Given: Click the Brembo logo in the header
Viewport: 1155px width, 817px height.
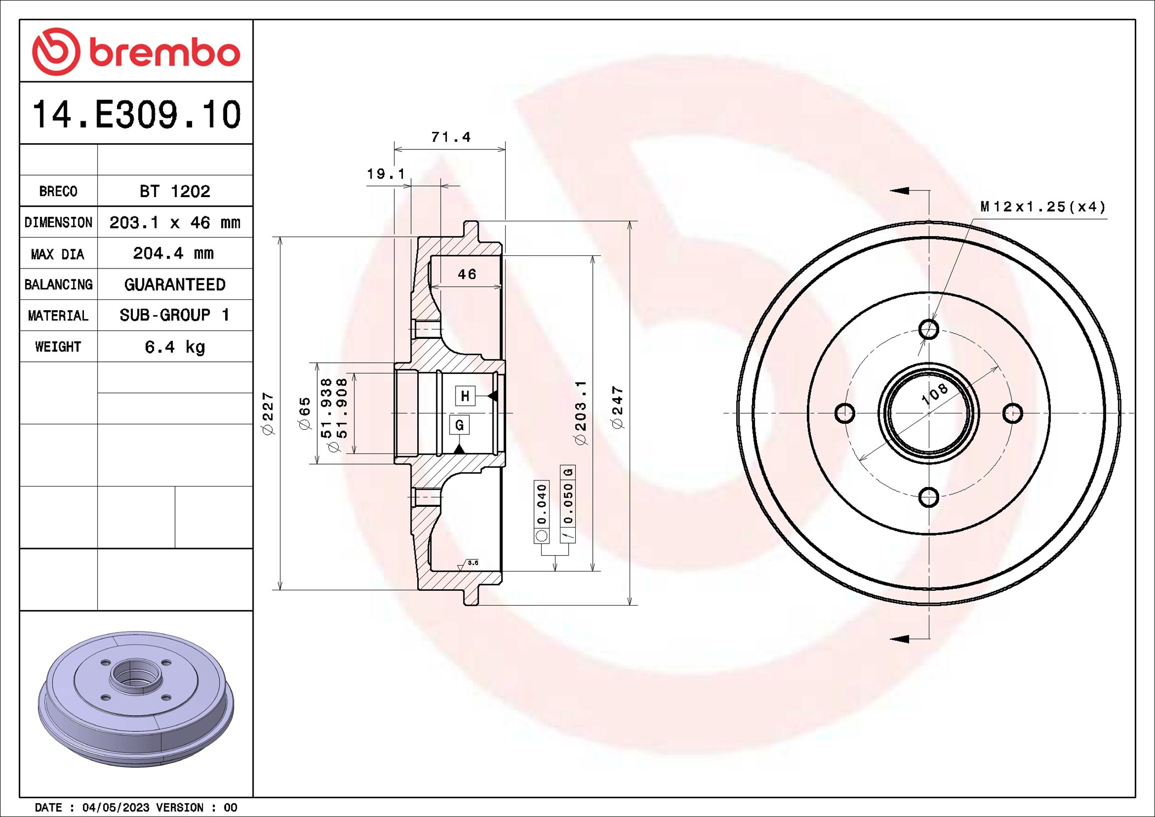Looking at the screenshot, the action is point(136,52).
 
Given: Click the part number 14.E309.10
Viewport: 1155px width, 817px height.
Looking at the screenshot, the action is point(136,115).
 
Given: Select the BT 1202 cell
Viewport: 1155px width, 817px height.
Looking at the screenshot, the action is point(175,191).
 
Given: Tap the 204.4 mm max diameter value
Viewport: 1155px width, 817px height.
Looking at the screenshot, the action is point(173,253).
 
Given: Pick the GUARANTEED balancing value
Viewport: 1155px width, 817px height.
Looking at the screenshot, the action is point(175,284).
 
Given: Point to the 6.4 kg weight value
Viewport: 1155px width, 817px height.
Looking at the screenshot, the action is point(175,347).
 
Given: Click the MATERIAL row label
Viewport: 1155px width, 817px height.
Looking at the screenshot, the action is point(58,316).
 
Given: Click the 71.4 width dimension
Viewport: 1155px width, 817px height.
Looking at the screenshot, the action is point(451,137).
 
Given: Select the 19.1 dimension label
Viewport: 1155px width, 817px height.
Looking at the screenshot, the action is point(386,175).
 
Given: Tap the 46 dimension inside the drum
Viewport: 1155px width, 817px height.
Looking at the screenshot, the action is point(467,274).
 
